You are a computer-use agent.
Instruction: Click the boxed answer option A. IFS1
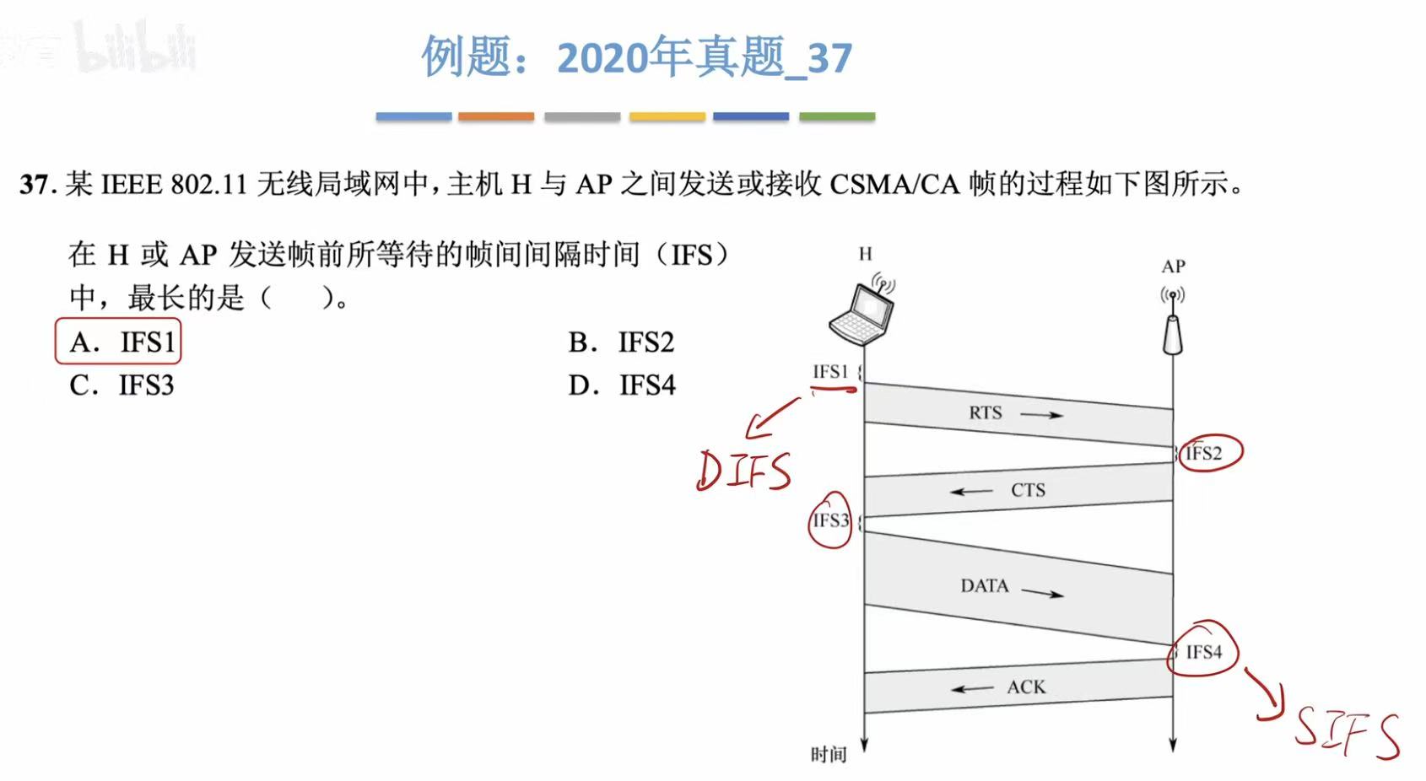pyautogui.click(x=118, y=342)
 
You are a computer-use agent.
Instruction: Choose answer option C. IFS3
pyautogui.click(x=122, y=385)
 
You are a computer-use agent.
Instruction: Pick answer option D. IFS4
pyautogui.click(x=622, y=385)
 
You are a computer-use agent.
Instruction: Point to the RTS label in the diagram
pyautogui.click(x=985, y=412)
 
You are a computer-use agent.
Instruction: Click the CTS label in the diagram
pyautogui.click(x=1028, y=490)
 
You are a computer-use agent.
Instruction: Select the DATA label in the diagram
pyautogui.click(x=984, y=585)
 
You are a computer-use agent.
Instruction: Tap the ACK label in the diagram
pyautogui.click(x=1026, y=687)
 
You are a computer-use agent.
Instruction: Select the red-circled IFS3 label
pyautogui.click(x=830, y=520)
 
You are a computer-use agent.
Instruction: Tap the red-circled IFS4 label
pyautogui.click(x=1203, y=652)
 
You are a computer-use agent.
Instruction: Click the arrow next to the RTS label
pyautogui.click(x=1041, y=414)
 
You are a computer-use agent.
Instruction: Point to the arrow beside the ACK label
pyautogui.click(x=972, y=689)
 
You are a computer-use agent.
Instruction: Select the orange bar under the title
pyautogui.click(x=496, y=116)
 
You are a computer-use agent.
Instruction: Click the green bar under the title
pyautogui.click(x=836, y=116)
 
